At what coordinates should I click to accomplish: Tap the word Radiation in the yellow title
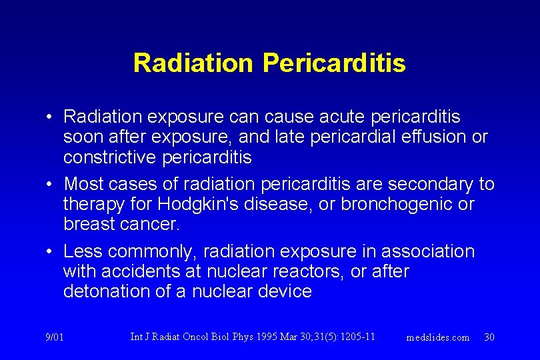[x=193, y=63]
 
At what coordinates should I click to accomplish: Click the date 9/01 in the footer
[x=55, y=337]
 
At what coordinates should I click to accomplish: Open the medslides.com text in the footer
[x=438, y=337]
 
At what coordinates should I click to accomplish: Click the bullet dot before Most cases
[x=50, y=183]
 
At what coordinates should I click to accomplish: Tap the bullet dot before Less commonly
[x=50, y=251]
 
